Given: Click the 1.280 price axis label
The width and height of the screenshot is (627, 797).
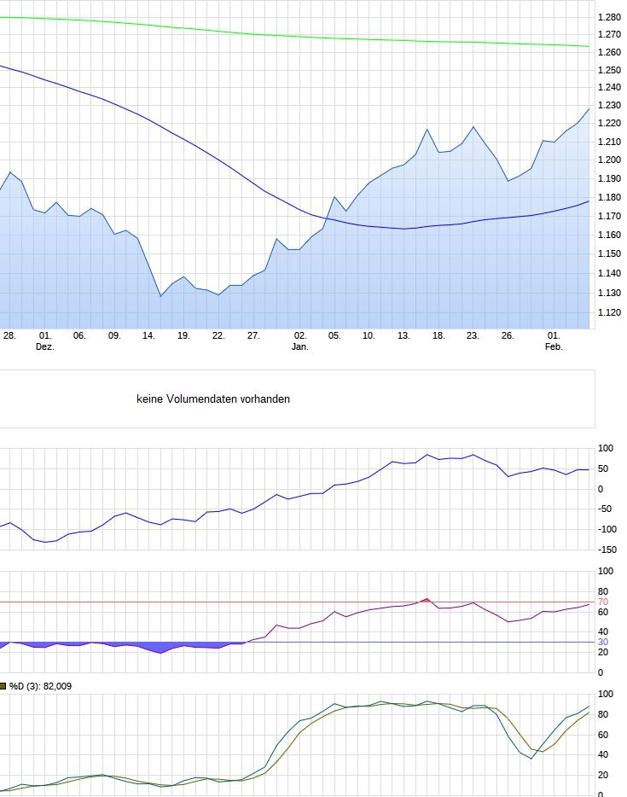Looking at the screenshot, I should pos(609,17).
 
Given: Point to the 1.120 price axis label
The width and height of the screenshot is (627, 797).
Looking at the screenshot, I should pos(609,313).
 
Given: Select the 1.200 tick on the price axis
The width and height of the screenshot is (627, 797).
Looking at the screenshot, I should pos(609,160).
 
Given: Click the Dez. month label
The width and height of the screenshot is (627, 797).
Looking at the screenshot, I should pos(44,347).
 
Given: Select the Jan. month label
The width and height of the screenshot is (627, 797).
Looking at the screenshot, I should pos(300,347).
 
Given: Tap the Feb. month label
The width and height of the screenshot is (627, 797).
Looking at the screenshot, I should pos(554,347).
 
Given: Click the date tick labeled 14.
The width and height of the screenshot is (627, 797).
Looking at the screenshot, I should pos(148,336).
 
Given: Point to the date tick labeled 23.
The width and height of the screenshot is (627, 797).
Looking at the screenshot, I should pos(472,336).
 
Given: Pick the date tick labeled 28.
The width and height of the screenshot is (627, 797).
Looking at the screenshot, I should pos(9,336).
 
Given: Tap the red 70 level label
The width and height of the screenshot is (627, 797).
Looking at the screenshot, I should pos(602,602).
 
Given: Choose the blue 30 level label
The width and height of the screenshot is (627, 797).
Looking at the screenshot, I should pos(602,642).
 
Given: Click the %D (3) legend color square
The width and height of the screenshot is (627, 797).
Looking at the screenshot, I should pos(3,685).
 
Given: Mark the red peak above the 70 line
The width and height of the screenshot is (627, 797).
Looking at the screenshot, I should pos(427,599).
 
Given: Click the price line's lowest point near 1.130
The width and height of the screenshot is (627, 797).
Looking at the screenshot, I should pos(160,296).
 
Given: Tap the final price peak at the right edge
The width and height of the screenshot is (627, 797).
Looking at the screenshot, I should pos(589,108).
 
